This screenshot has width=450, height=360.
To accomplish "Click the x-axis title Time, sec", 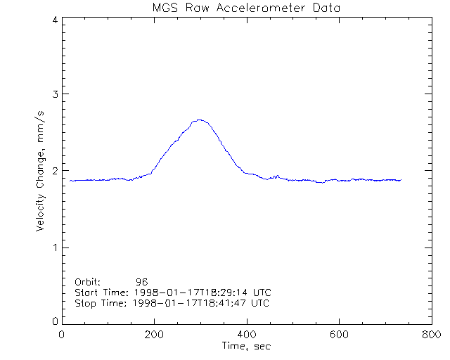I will pos(246,346).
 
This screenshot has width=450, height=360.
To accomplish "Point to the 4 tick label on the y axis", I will pos(54,20).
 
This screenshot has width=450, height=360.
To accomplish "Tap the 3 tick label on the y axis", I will pos(54,94).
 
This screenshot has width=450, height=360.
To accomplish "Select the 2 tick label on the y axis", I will pos(54,171).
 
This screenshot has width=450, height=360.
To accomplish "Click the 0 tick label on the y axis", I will pos(54,321).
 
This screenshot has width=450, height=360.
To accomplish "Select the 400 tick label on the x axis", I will pos(247,335).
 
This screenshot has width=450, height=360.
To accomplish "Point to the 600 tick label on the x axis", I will pos(339,335).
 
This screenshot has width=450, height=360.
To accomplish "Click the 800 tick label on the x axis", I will pos(430,335).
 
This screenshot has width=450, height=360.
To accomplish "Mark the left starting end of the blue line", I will pos(70,181).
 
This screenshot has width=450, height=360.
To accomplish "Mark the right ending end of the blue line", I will pos(401,180).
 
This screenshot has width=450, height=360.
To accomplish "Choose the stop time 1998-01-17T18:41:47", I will pos(188,303).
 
